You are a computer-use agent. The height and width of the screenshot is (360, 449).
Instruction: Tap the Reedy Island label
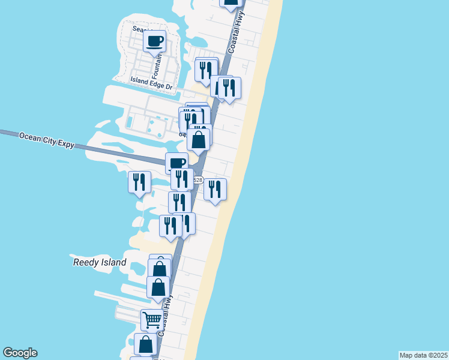pyautogui.click(x=100, y=262)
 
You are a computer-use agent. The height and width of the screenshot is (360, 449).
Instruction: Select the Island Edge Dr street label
pyautogui.click(x=152, y=83)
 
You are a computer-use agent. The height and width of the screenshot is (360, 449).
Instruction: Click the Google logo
pyautogui.click(x=20, y=353)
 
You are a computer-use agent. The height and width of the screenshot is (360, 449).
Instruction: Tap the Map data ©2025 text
pyautogui.click(x=423, y=355)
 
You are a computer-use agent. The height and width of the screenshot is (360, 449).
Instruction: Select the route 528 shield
pyautogui.click(x=198, y=180)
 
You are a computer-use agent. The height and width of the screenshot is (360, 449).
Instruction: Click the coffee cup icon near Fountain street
pyautogui.click(x=155, y=41)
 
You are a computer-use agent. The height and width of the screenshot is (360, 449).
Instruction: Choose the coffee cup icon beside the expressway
pyautogui.click(x=177, y=163)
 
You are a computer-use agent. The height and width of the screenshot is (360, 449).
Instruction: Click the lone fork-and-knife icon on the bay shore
pyautogui.click(x=139, y=181)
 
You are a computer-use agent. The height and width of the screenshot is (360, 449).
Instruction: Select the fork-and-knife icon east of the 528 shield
pyautogui.click(x=215, y=188)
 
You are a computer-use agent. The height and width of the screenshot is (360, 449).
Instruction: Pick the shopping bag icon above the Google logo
pyautogui.click(x=145, y=344)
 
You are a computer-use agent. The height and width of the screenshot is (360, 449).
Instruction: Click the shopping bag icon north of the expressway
pyautogui.click(x=199, y=139)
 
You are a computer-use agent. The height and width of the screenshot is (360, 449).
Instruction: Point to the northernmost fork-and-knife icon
pyautogui.click(x=206, y=69)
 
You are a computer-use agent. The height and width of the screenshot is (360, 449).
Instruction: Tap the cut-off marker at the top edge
pyautogui.click(x=231, y=2)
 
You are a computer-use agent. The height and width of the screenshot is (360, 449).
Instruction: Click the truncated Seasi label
pyautogui.click(x=142, y=31)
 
